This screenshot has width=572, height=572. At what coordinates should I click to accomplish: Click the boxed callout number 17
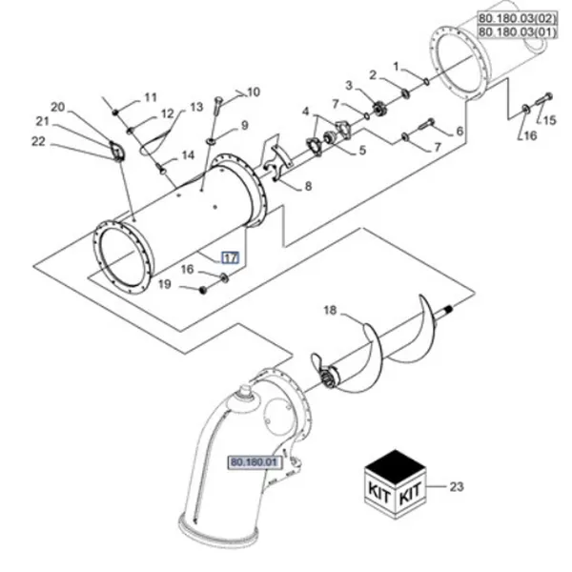231,258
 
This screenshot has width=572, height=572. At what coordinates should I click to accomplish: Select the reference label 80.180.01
254,462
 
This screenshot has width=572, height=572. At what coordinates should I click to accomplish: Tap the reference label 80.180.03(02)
518,18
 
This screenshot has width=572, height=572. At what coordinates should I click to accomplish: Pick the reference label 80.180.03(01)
518,31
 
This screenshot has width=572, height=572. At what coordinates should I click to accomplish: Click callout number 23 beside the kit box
457,486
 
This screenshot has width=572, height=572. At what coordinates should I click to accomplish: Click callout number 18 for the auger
330,310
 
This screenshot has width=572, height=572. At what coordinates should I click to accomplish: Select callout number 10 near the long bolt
254,92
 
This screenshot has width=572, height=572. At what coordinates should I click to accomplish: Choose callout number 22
38,141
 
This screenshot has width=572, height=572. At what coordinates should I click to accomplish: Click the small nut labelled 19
203,291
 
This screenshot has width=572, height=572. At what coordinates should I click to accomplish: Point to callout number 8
308,186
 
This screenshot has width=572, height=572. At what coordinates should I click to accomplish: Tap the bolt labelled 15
544,99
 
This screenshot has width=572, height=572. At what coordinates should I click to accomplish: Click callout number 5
362,150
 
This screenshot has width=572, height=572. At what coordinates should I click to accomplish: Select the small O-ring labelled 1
426,81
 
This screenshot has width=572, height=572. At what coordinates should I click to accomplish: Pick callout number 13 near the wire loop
196,107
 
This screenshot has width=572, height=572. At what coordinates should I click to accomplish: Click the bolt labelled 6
426,124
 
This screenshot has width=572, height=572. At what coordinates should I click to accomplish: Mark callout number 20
57,107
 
